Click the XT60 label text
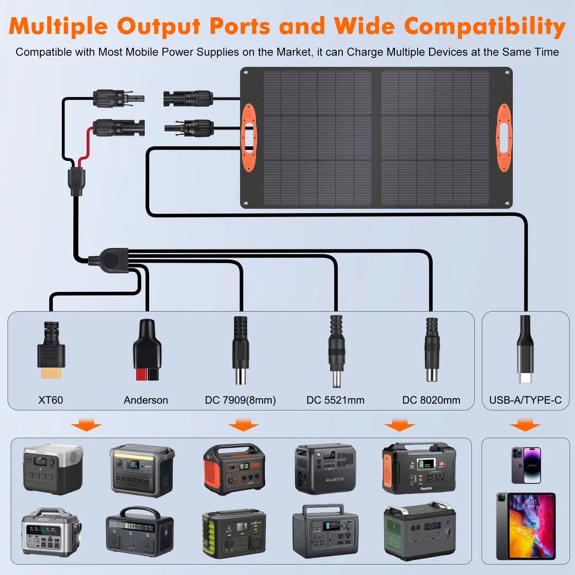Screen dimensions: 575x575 point(50,400)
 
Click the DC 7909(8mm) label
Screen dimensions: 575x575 point(240,400)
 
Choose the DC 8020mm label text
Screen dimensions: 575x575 point(431,400)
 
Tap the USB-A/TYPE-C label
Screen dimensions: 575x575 point(525,400)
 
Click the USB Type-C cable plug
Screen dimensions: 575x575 point(525,353)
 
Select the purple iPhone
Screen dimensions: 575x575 point(525,465)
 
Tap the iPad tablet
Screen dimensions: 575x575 point(525,526)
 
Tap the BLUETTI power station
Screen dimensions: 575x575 point(325,469)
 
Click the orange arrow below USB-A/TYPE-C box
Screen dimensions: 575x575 point(525,425)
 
